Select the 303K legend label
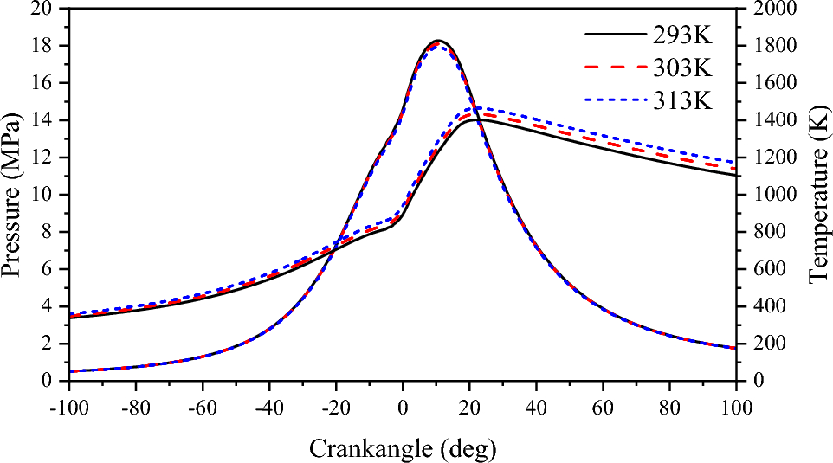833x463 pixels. (683, 67)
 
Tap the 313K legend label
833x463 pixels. (683, 100)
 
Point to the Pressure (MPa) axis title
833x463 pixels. (12, 195)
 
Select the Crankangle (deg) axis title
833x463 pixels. (403, 447)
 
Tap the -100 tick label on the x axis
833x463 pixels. (69, 402)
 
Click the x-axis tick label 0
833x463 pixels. (403, 402)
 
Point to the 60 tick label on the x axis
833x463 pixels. (603, 402)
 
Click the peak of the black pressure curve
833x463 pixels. (437, 41)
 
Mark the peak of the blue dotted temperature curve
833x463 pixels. (480, 108)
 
